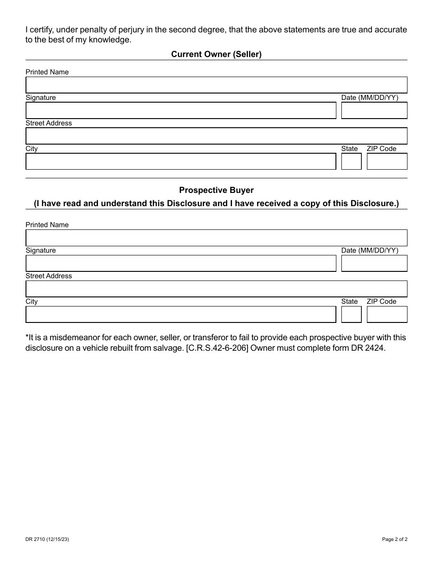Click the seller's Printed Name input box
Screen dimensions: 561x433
pos(216,85)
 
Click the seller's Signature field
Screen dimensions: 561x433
pos(180,111)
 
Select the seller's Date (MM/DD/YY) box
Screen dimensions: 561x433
pos(374,111)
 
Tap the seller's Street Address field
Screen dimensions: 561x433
pos(216,136)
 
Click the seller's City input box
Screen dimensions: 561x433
pos(180,161)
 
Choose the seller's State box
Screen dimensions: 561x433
pos(351,161)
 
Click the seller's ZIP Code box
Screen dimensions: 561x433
pos(387,161)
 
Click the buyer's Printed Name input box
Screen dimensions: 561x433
pos(216,238)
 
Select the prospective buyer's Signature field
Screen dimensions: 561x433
pos(180,264)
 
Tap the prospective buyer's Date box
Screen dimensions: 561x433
pos(374,264)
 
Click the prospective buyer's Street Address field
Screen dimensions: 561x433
pos(216,289)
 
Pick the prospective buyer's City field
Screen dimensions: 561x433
pos(180,314)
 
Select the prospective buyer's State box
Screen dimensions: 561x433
pos(351,314)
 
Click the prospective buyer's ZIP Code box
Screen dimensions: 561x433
pos(387,314)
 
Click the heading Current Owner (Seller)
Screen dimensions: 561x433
pos(216,54)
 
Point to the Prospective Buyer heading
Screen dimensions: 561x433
pos(216,190)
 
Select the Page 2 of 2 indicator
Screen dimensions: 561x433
pos(394,539)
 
